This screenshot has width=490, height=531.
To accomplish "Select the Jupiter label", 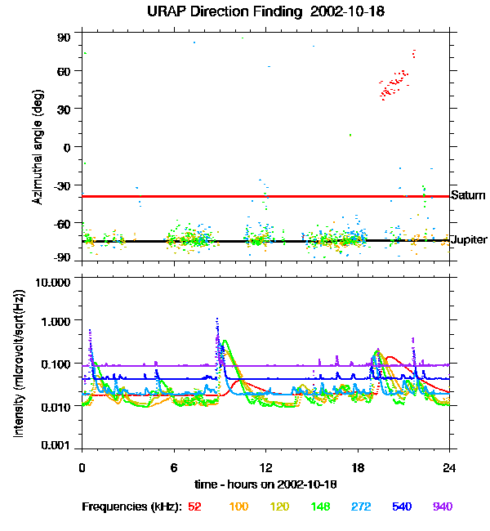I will click(x=470, y=239).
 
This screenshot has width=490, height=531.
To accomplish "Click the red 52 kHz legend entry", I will click(x=194, y=506).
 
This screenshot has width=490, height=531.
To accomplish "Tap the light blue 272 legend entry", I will click(x=360, y=506).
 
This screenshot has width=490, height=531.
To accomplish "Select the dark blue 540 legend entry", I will click(x=401, y=506).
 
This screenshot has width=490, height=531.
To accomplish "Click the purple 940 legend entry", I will click(x=442, y=506).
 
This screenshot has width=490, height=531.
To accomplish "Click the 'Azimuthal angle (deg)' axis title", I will click(x=38, y=147).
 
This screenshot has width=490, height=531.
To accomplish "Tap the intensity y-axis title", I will click(x=18, y=364).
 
